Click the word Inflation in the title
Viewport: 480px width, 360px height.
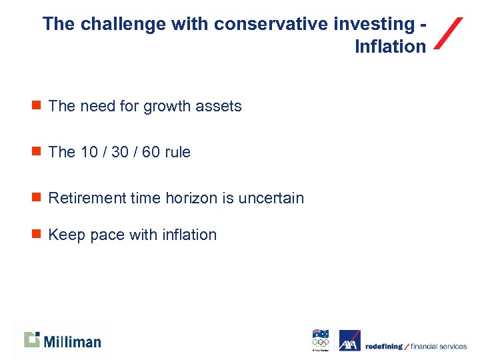(390, 47)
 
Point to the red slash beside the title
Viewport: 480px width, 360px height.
(448, 33)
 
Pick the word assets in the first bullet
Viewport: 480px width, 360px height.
(219, 106)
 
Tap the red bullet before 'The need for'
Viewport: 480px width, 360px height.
(38, 105)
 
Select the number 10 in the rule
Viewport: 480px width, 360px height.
(89, 152)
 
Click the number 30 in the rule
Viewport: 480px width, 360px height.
(119, 152)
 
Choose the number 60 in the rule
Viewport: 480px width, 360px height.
(151, 152)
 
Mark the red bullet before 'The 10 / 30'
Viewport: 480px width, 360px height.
(38, 151)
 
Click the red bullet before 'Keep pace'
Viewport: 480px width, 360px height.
(38, 234)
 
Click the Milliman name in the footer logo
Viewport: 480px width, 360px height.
(73, 341)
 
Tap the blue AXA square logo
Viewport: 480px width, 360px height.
(349, 341)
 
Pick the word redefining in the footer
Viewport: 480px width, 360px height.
(384, 346)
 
